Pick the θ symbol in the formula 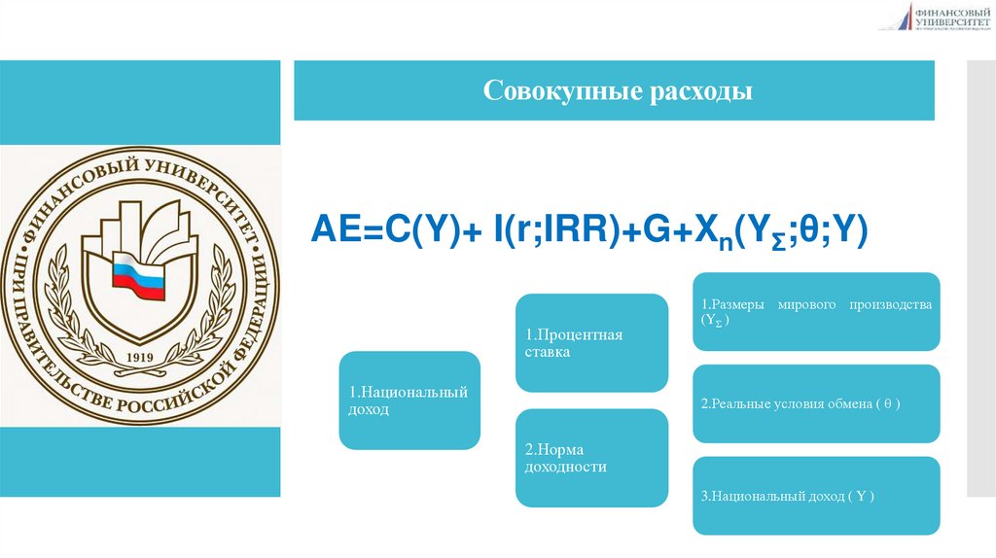coord(811,233)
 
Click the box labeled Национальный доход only coord(409,401)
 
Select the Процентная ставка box coord(591,342)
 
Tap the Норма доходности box coord(591,458)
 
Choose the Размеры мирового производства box coord(816,311)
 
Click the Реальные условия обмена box coord(816,402)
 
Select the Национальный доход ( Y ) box coord(816,496)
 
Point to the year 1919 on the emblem coord(141,356)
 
